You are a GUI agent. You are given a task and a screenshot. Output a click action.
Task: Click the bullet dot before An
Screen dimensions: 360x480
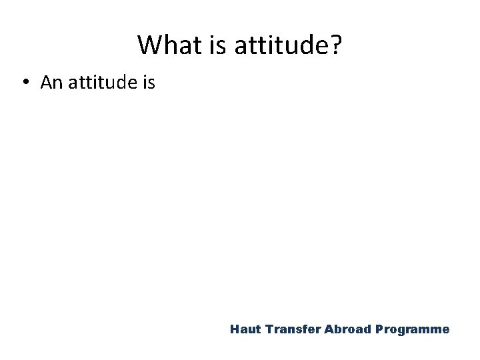(x=25, y=83)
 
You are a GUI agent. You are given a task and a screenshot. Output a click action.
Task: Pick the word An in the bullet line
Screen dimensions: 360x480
(x=51, y=83)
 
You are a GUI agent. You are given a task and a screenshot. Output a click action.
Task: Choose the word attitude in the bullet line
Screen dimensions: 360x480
(x=100, y=83)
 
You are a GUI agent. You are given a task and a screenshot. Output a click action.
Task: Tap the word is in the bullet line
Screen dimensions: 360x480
(x=148, y=83)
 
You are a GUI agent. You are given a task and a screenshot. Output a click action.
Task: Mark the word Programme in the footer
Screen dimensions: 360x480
(x=413, y=329)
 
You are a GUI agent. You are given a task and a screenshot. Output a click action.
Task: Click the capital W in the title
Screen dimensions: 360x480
(x=149, y=45)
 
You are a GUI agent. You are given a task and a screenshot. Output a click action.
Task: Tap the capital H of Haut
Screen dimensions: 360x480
(x=234, y=329)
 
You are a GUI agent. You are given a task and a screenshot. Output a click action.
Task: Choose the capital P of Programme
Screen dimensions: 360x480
(x=379, y=329)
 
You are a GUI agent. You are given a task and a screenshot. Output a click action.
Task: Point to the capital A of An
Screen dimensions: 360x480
(x=45, y=83)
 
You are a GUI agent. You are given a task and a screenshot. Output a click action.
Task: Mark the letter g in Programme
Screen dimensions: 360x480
(x=405, y=331)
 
